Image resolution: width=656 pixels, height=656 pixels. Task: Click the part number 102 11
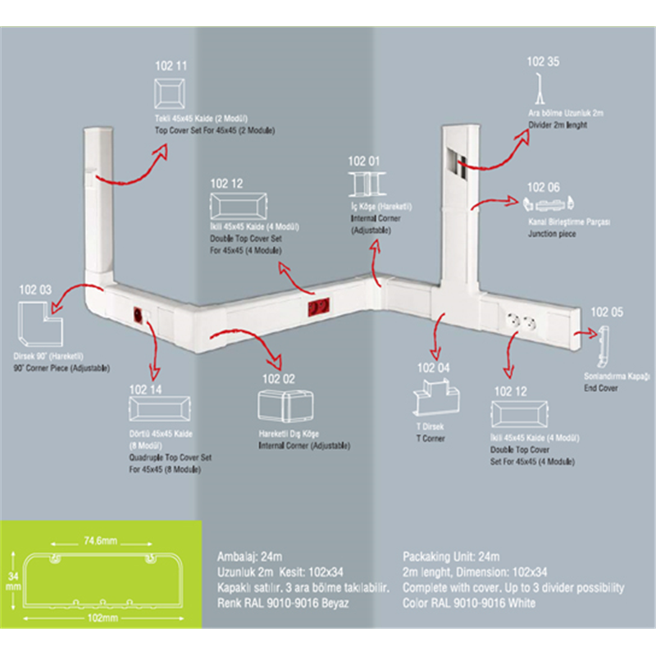pos(171,64)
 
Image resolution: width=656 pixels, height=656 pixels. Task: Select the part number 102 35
pos(543,61)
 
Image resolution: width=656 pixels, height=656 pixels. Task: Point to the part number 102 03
pos(34,289)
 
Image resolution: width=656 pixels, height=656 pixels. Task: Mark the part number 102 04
pos(433,367)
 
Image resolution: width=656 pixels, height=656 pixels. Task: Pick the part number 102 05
pos(607,312)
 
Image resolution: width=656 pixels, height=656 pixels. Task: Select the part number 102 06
pos(543,188)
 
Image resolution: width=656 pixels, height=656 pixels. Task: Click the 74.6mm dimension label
pos(97,540)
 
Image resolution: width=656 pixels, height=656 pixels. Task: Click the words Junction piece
pos(552,234)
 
